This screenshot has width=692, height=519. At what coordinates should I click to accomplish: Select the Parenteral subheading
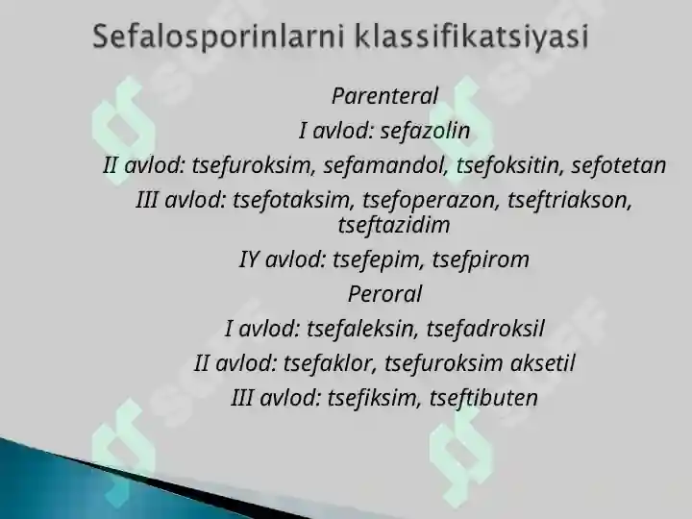384,96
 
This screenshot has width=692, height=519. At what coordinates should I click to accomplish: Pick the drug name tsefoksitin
508,165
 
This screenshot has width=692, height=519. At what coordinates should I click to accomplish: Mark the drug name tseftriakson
569,201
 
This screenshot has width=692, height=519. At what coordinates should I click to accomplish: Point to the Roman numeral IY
250,259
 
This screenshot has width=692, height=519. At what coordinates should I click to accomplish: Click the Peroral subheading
384,294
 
